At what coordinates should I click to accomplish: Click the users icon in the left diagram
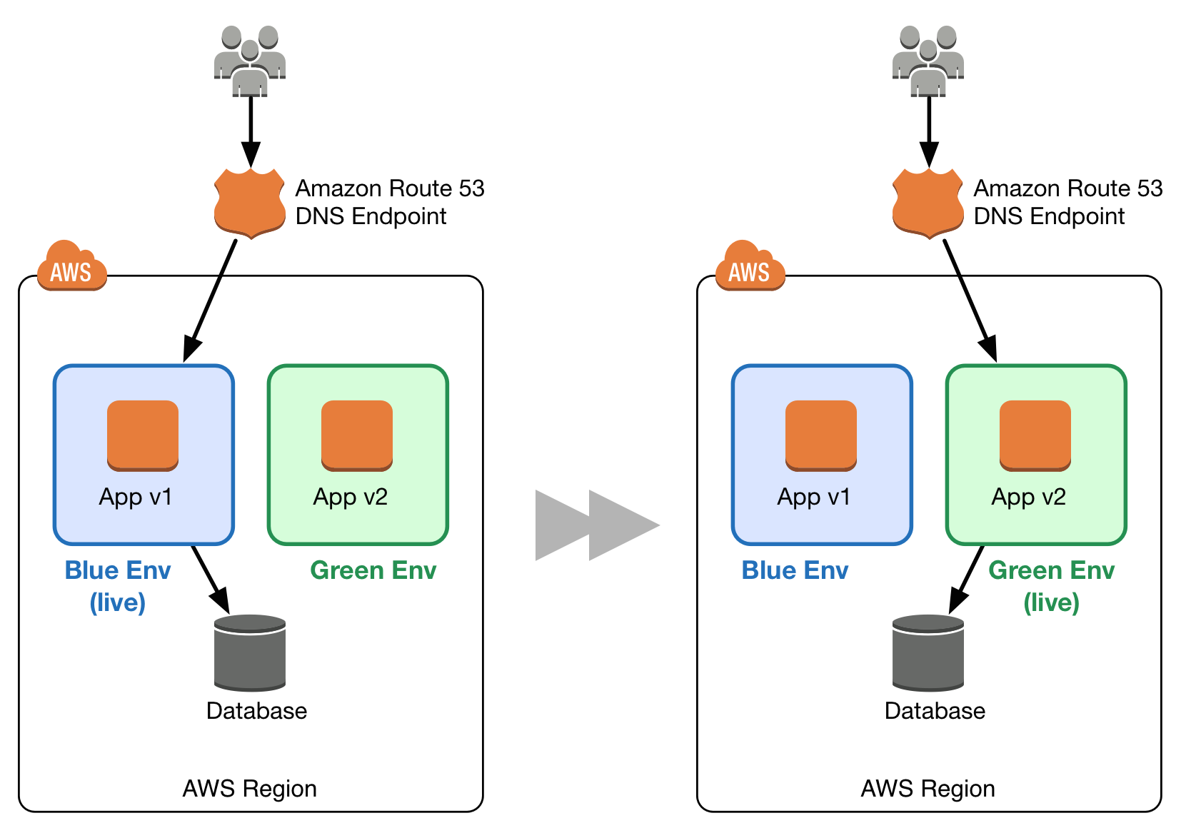pos(250,61)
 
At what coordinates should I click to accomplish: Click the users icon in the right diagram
pos(928,61)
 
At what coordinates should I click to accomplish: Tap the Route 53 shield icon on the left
pos(249,203)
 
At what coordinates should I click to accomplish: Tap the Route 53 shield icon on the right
pos(928,203)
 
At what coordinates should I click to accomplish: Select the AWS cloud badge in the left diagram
pos(71,268)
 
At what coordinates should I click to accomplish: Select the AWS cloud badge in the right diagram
pos(750,268)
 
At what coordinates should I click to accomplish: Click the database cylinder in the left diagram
pos(250,653)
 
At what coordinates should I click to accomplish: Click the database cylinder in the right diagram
pos(928,653)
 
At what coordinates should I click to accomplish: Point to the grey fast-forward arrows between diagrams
pos(596,525)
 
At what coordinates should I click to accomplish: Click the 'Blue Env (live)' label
pos(118,586)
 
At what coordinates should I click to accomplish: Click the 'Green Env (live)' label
pos(1051,586)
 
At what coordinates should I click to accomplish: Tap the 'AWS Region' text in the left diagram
pos(250,789)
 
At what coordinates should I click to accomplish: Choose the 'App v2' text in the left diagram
pos(351,497)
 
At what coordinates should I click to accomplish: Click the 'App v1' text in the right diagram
pos(814,497)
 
